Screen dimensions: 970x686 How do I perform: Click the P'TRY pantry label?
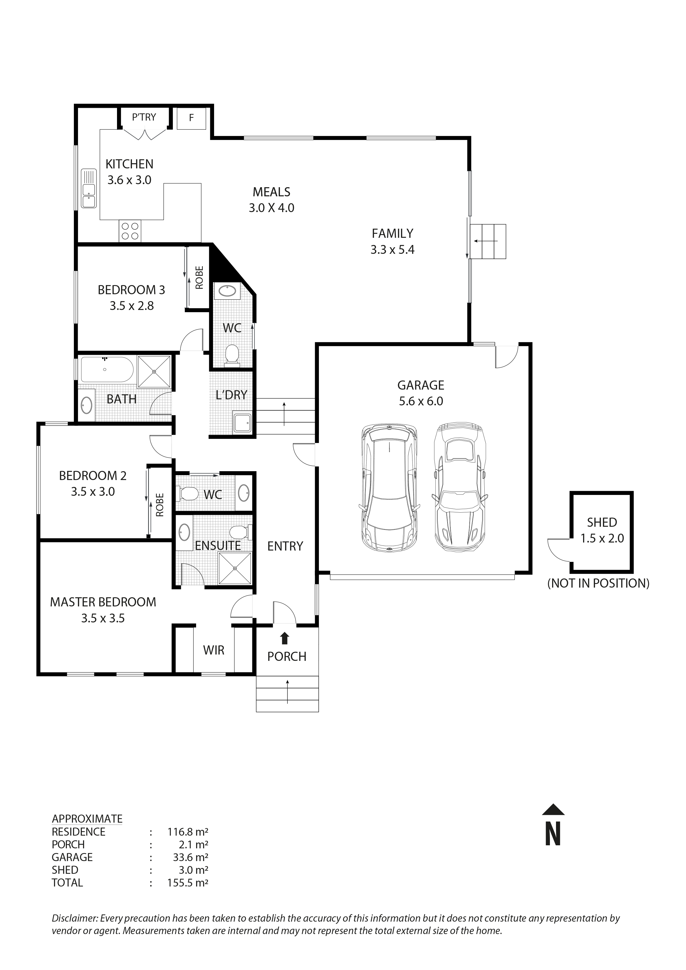point(144,117)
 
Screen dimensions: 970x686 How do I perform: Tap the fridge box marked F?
point(191,118)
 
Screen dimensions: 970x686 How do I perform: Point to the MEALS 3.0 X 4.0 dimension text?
point(271,208)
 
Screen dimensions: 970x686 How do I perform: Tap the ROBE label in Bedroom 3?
point(199,278)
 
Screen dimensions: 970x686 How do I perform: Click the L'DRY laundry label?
point(231,395)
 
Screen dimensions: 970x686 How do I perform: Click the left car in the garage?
point(389,489)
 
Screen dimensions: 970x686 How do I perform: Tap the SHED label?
point(602,523)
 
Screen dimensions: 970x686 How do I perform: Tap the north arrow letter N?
point(553,834)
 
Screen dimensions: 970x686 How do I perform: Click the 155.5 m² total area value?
point(188,883)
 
